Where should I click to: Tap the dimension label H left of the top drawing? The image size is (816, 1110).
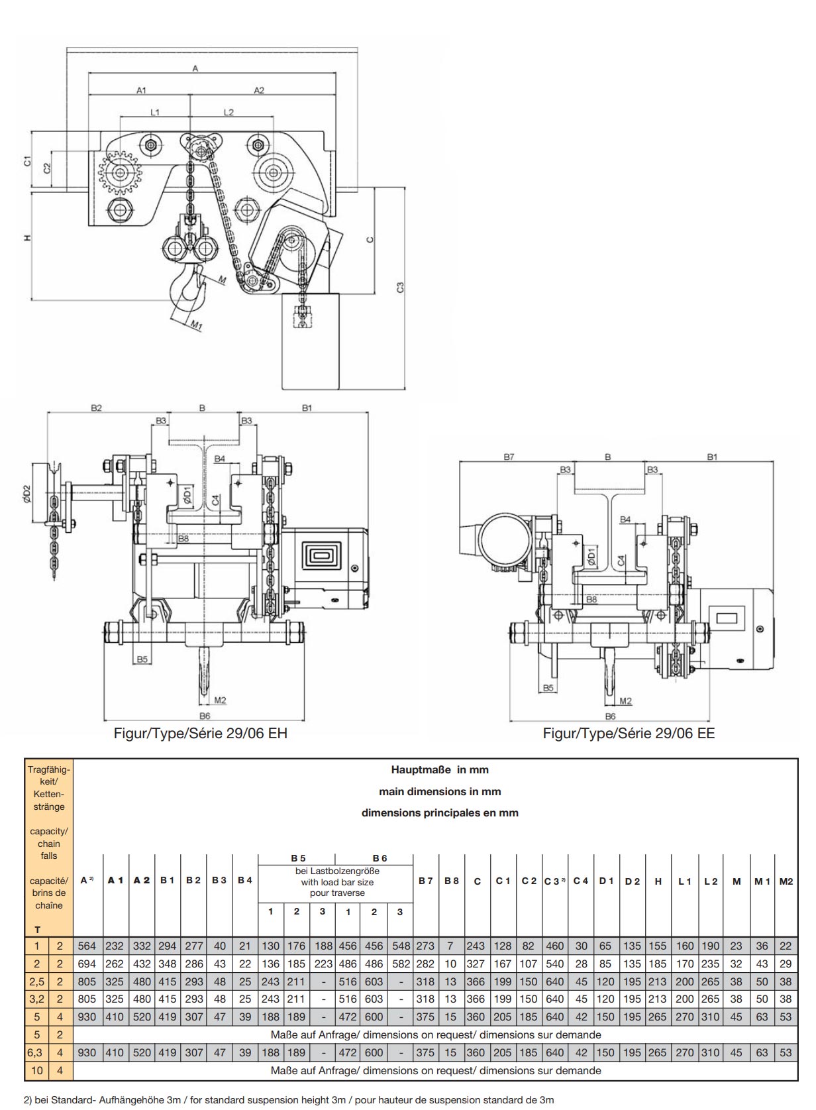click(x=28, y=237)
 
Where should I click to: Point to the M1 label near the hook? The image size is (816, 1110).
click(x=197, y=325)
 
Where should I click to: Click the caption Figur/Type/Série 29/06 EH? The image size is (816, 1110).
click(x=201, y=734)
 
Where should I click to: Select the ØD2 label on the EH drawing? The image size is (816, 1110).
click(x=27, y=494)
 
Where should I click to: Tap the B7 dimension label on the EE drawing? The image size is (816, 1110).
click(x=509, y=457)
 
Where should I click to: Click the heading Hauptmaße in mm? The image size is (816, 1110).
click(x=440, y=769)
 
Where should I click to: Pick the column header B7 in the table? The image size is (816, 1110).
click(x=425, y=881)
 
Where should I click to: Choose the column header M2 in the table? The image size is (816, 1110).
click(x=786, y=881)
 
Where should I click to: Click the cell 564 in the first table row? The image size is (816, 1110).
click(x=87, y=946)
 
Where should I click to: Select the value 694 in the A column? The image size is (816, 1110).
click(x=87, y=964)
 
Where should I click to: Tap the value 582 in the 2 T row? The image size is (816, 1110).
click(x=401, y=964)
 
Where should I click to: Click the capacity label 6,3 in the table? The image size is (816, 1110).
click(x=36, y=1052)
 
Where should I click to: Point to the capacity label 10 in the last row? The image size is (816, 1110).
click(x=36, y=1070)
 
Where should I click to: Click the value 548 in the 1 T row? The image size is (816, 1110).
click(x=401, y=946)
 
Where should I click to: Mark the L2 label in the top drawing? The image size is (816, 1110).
click(x=229, y=113)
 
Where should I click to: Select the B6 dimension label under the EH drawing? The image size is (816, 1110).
click(x=205, y=716)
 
